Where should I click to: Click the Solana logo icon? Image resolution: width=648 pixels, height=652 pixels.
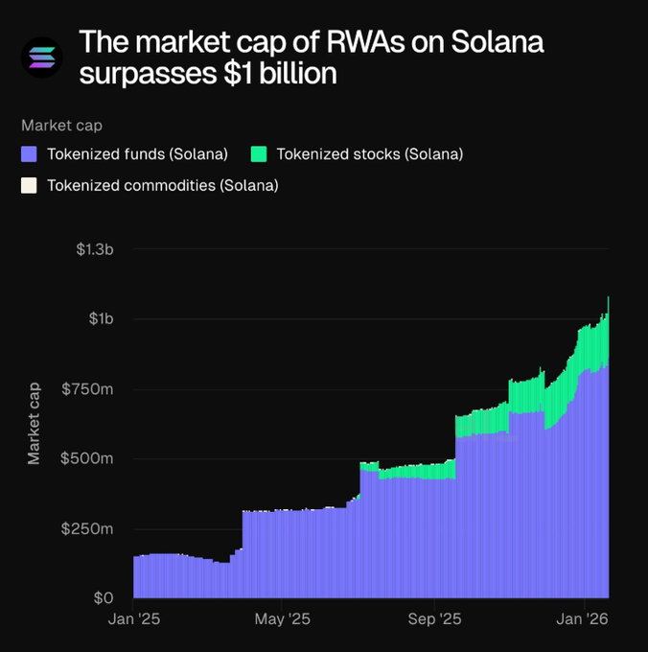click(x=41, y=57)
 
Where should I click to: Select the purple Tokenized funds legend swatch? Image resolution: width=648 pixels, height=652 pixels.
click(x=29, y=153)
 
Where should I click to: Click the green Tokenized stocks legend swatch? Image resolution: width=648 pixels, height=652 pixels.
click(x=258, y=153)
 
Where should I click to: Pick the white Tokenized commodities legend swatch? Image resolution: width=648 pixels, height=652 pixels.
click(x=29, y=185)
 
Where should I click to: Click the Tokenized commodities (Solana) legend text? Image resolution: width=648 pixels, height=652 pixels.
click(x=162, y=185)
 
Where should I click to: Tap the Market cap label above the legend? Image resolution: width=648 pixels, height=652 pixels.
click(x=61, y=125)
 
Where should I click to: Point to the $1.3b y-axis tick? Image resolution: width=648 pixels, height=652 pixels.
click(x=95, y=249)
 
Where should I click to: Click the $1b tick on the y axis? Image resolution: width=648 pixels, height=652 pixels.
click(x=101, y=318)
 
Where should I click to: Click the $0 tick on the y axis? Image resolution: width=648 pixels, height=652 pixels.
click(x=104, y=598)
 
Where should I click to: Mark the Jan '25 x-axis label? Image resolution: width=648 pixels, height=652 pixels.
click(x=134, y=620)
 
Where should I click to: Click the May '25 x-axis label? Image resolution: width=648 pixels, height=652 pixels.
click(x=285, y=620)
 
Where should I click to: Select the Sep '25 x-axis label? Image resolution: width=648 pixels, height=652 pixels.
click(x=435, y=620)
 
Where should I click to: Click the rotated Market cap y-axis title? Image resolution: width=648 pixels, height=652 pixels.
click(x=35, y=423)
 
